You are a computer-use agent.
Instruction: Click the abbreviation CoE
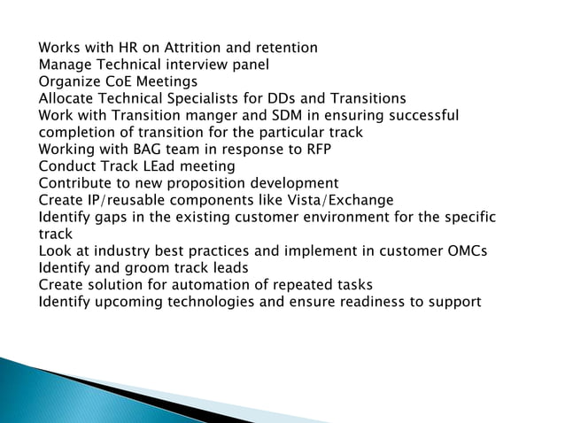(x=111, y=81)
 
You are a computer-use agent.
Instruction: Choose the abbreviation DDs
(x=298, y=98)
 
